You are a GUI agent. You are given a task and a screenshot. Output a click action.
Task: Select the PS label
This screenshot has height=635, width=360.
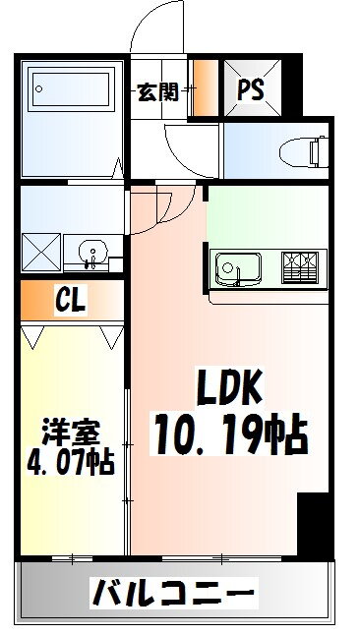tap(251, 89)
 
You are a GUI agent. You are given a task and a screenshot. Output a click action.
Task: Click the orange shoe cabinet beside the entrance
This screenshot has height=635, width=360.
tap(206, 89)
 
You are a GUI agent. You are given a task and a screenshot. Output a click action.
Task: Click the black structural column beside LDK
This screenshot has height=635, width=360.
tap(313, 526)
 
